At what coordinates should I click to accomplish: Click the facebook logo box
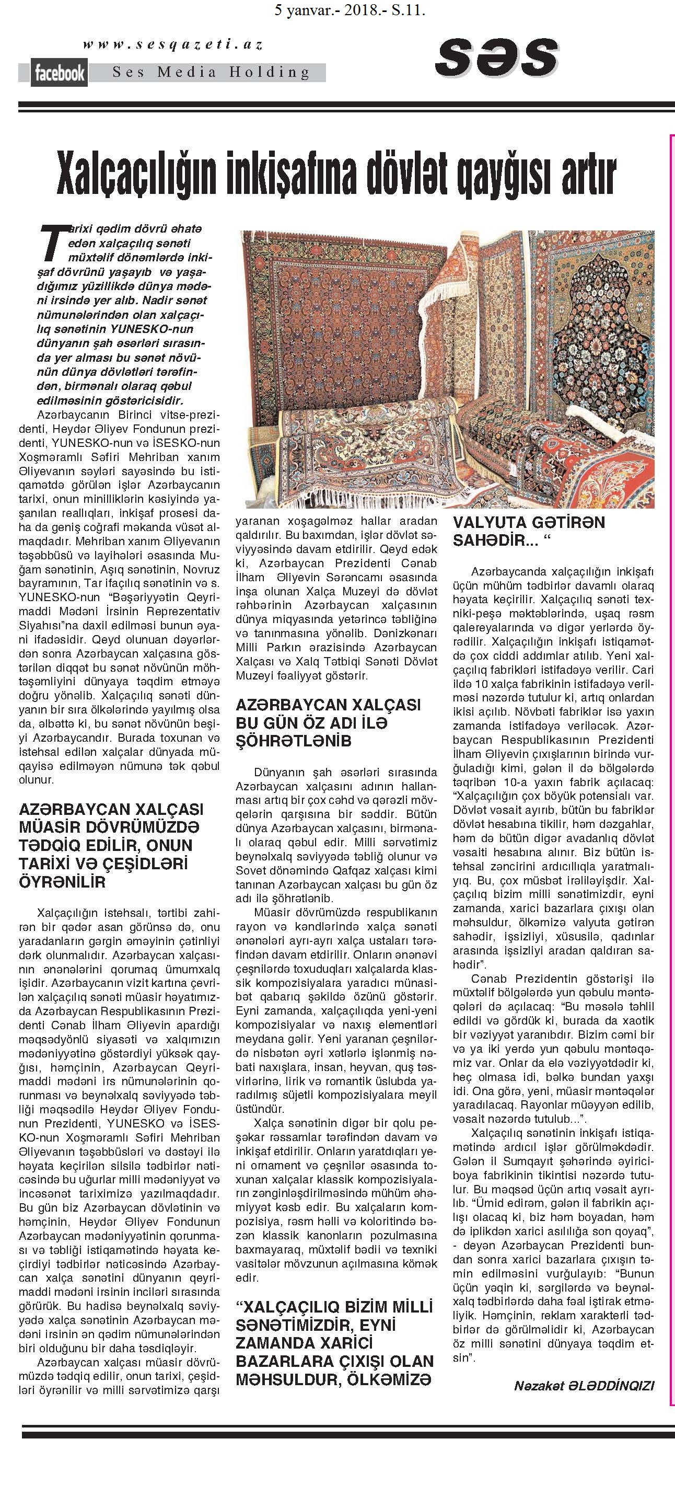click(x=60, y=73)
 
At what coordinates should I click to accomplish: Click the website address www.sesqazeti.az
click(x=173, y=44)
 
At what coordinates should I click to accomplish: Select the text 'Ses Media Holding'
click(x=211, y=73)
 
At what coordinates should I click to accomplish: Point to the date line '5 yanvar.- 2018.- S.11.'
click(x=351, y=9)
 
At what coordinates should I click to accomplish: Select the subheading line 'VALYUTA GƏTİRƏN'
click(x=528, y=522)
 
